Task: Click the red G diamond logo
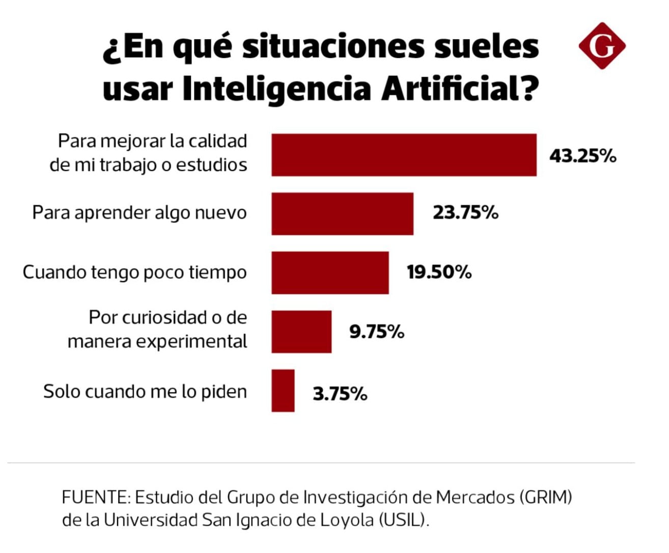(x=602, y=46)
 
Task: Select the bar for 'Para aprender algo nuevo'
(x=342, y=214)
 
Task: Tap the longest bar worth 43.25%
(x=404, y=155)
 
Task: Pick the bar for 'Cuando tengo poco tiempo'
(x=330, y=273)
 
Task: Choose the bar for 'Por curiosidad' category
(x=301, y=332)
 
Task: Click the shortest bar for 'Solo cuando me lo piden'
(x=283, y=391)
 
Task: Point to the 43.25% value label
(x=582, y=156)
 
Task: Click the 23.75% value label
(x=465, y=213)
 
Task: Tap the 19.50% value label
(x=439, y=272)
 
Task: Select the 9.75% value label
(x=376, y=332)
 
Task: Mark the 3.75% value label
(x=340, y=394)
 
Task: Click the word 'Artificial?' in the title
(x=460, y=89)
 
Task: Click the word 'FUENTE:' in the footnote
(x=95, y=497)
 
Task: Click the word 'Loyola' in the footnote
(x=347, y=520)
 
